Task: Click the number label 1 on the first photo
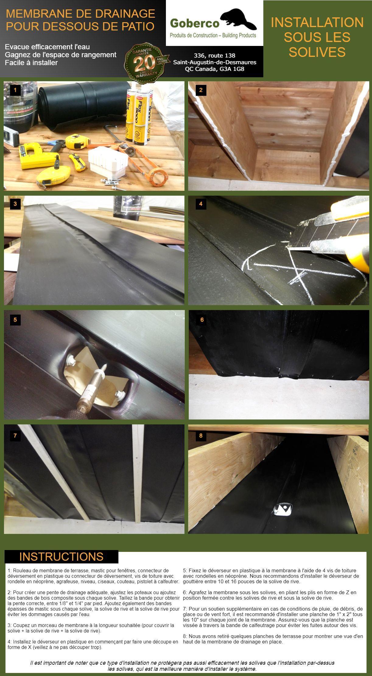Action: coord(15,90)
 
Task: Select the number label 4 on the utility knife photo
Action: coord(201,204)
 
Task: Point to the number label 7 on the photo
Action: coord(15,436)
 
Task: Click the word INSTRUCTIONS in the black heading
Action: coord(61,556)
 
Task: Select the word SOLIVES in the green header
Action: coord(317,52)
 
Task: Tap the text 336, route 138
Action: coord(215,55)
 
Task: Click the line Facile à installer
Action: coord(31,63)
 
